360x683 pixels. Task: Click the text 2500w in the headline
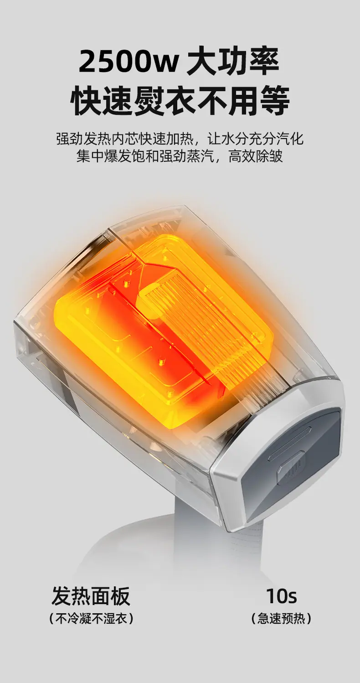(129, 62)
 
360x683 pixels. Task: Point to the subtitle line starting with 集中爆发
(180, 156)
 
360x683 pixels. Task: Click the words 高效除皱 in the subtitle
(256, 156)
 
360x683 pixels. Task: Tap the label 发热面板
(91, 595)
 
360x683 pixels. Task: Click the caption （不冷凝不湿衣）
(91, 618)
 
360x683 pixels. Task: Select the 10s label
(281, 596)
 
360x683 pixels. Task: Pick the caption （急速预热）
(281, 618)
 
